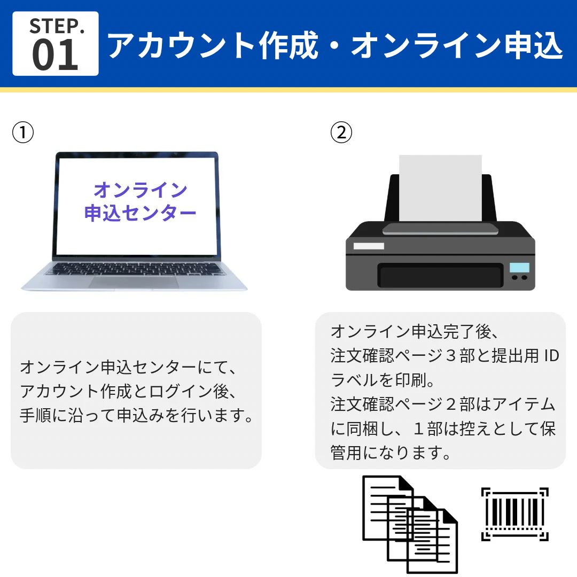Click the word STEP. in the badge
tap(57, 26)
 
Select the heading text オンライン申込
tap(457, 46)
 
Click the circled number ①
tap(23, 132)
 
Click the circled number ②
tap(341, 132)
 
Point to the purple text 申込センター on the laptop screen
tap(140, 213)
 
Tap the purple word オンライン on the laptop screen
tap(140, 190)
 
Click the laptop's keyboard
tap(134, 268)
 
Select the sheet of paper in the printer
tap(440, 187)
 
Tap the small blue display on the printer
tap(519, 267)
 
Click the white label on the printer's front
tap(369, 246)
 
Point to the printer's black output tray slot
tap(440, 276)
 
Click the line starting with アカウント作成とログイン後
tap(128, 391)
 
